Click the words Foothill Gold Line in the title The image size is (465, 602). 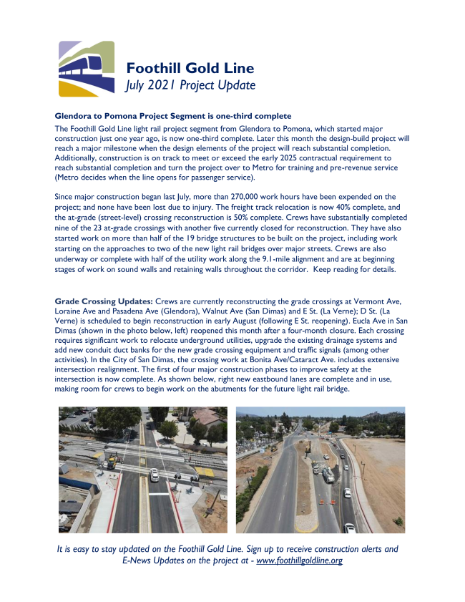(x=190, y=69)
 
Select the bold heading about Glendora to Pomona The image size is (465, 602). (x=172, y=116)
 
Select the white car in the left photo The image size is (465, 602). (x=155, y=473)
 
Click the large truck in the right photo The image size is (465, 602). (x=328, y=475)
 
